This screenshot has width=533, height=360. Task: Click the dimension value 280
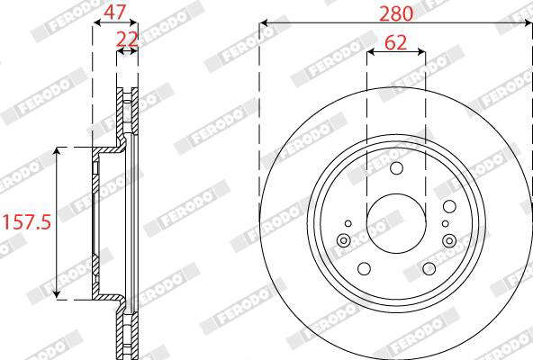pos(395,13)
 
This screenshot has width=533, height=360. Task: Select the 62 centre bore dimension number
pos(395,43)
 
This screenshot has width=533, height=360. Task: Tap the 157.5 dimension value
pos(27,222)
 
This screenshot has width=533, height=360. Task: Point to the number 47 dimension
pos(115,13)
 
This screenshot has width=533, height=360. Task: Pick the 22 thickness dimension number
pos(127,40)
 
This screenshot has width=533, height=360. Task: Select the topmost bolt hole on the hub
pos(396,168)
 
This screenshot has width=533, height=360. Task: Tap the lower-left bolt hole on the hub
pos(364,268)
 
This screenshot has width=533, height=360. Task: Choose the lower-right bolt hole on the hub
pos(429,268)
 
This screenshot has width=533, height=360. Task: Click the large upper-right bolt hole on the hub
pos(449,206)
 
